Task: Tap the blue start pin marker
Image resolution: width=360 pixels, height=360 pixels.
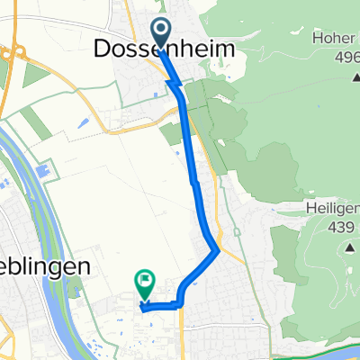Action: click(160, 32)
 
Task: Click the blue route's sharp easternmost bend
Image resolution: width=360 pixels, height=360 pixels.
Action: click(217, 250)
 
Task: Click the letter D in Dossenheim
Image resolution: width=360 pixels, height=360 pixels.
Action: click(102, 53)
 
